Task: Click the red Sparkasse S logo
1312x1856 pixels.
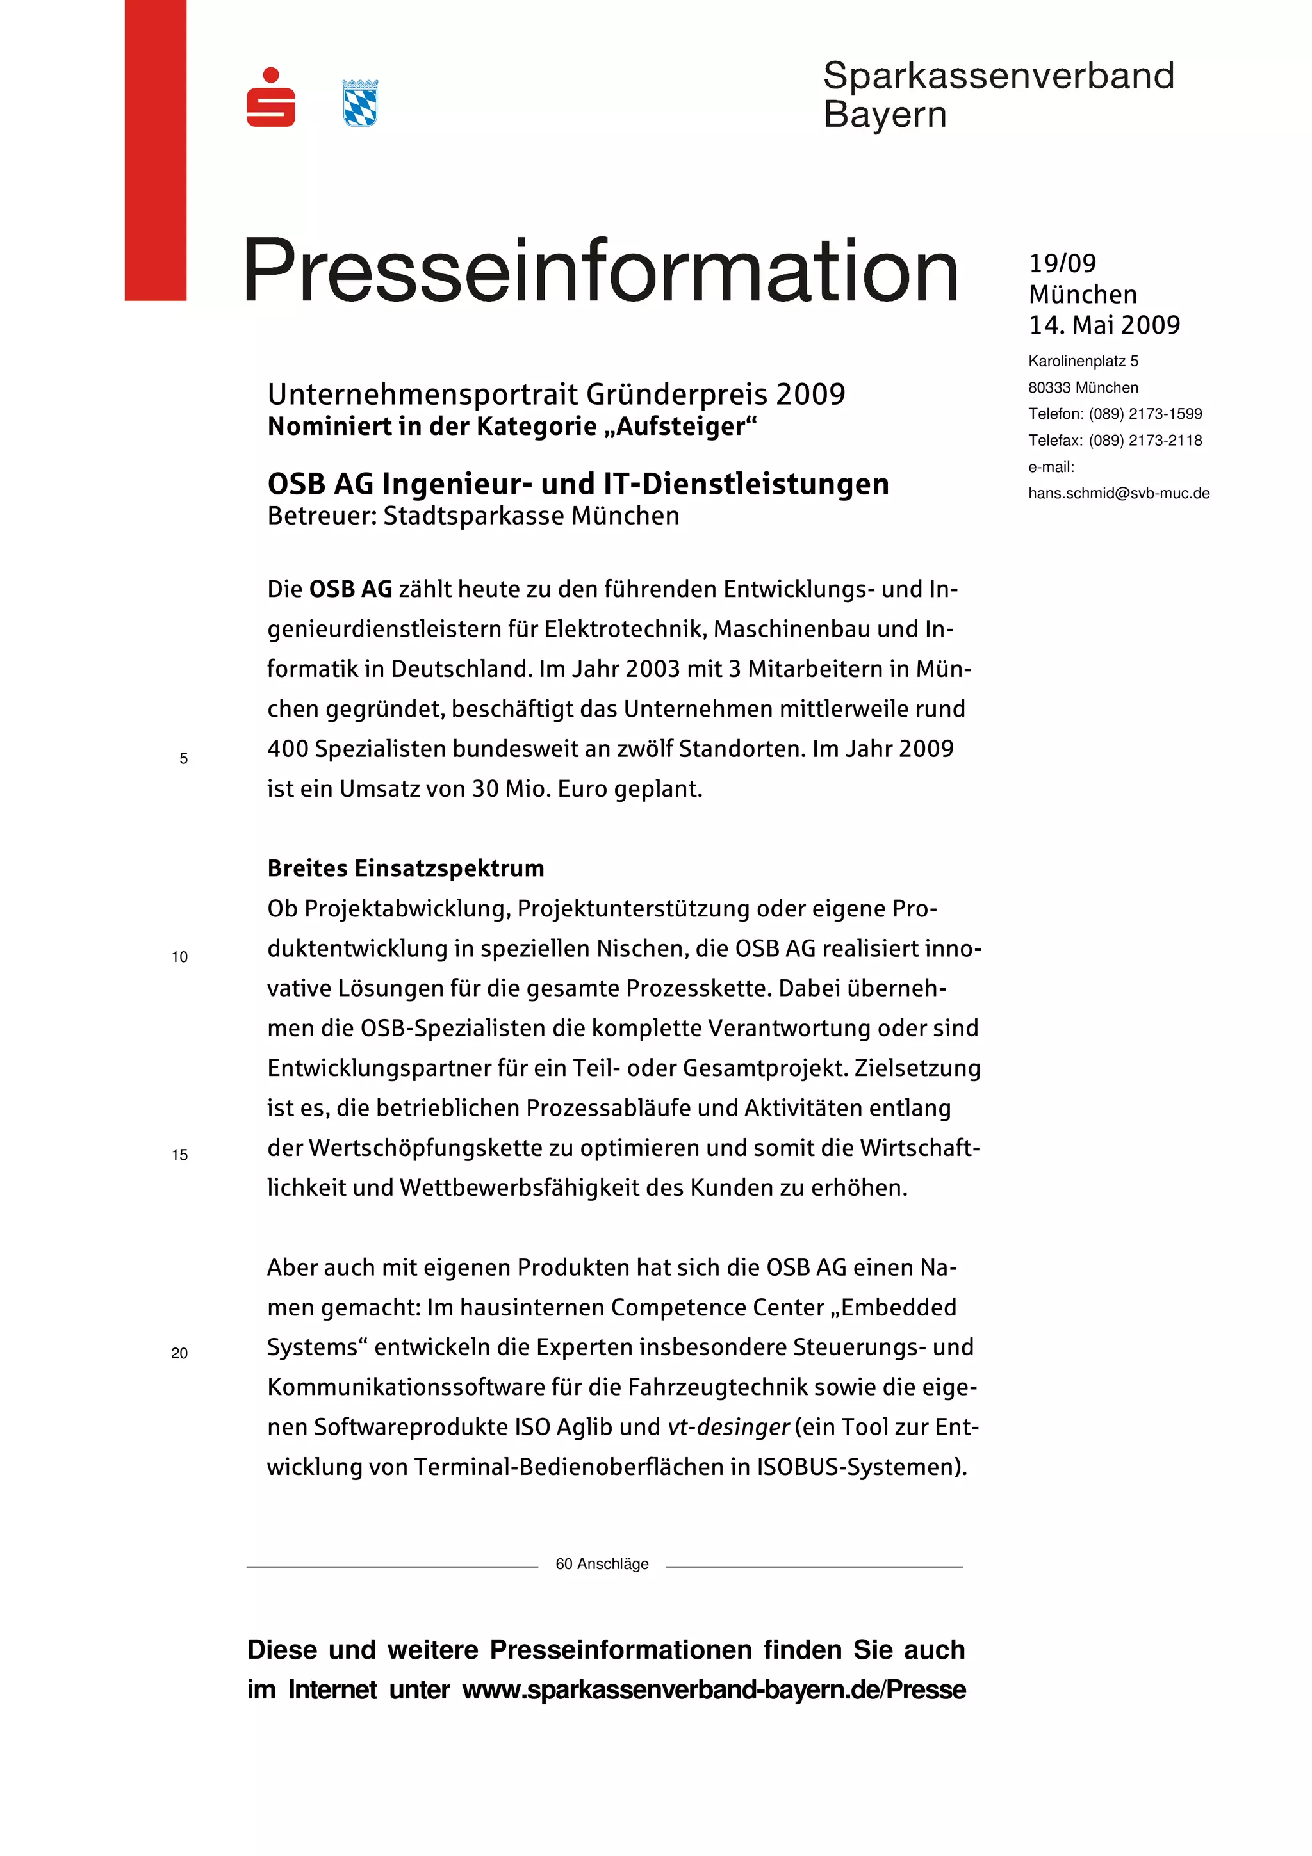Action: (271, 98)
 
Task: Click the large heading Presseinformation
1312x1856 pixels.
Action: (601, 271)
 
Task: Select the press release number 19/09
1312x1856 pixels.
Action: (1062, 263)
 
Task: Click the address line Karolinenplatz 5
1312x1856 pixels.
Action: (1083, 361)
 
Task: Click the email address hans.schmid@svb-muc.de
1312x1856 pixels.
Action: (1118, 493)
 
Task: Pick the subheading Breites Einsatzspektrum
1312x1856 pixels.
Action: (406, 868)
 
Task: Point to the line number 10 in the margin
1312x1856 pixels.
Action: (179, 957)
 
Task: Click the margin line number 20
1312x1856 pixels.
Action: (179, 1353)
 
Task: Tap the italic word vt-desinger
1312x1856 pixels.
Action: (728, 1427)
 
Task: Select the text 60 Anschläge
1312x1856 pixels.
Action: (602, 1564)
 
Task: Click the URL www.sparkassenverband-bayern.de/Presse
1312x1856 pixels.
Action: (714, 1690)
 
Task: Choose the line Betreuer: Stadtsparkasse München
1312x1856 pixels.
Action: (473, 516)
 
